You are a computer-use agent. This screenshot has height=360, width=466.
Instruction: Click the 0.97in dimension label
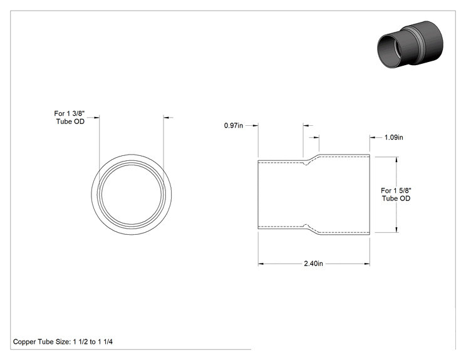(233, 126)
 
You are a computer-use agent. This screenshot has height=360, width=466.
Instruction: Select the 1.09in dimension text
(394, 137)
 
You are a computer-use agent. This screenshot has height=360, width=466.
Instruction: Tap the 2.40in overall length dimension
(313, 264)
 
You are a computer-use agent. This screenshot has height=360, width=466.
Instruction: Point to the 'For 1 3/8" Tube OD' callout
(70, 117)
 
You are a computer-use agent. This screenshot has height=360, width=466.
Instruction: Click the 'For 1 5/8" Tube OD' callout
(396, 194)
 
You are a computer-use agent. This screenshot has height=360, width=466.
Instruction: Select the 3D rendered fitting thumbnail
(410, 44)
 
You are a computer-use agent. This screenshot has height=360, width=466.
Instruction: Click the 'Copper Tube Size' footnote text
(63, 342)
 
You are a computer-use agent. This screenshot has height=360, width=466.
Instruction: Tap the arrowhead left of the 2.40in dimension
(261, 264)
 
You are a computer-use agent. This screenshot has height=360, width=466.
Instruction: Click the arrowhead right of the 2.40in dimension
(367, 264)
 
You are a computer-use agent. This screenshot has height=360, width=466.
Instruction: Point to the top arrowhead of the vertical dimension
(396, 160)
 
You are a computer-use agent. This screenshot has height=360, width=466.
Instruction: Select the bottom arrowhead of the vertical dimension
(396, 229)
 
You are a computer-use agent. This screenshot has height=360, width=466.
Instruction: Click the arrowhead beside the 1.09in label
(373, 137)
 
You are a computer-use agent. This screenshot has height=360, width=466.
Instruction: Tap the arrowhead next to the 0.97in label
(255, 126)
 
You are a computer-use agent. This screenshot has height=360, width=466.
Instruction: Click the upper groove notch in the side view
(306, 163)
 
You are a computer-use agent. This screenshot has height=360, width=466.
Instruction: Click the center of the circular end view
(132, 194)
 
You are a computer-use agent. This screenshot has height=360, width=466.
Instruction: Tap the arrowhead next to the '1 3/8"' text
(96, 118)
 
